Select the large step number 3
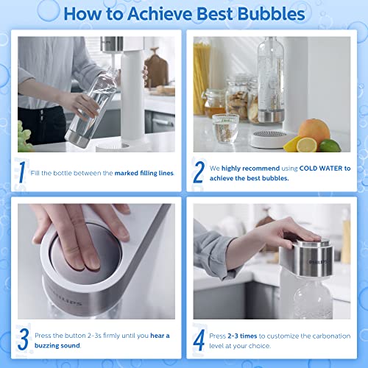(x=24, y=339)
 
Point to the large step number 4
(x=199, y=339)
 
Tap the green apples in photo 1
(x=24, y=138)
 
